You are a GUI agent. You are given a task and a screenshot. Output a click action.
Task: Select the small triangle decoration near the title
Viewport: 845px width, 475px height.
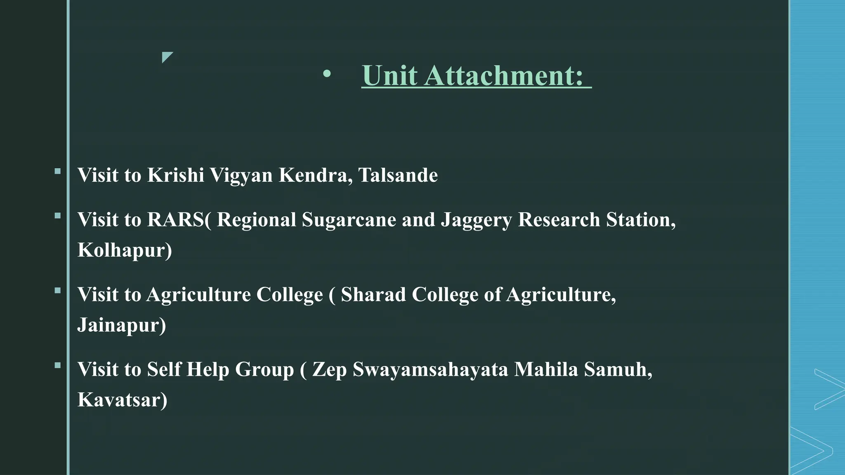tap(167, 57)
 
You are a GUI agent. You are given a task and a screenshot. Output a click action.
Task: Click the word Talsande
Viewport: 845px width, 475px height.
tap(398, 175)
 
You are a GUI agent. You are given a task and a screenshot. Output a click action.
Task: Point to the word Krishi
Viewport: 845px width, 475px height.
tap(176, 175)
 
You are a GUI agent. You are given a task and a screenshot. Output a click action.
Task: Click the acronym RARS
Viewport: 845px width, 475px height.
tap(175, 219)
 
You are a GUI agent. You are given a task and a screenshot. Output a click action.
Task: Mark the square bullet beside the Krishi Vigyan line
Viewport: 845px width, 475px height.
tap(57, 171)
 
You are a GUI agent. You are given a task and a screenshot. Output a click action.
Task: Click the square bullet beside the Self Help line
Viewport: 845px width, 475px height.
tap(57, 365)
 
